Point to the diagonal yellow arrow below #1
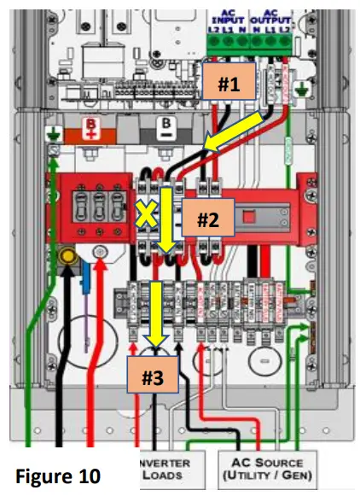coord(235,136)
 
